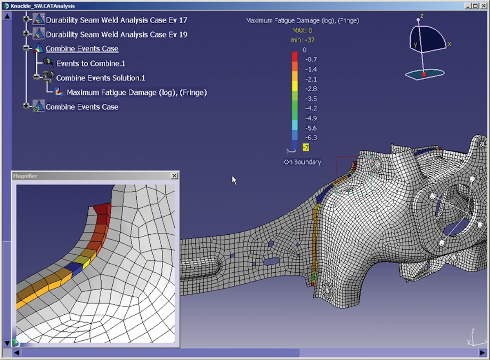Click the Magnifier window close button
click(174, 176)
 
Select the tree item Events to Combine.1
click(91, 63)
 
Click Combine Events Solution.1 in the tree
click(100, 78)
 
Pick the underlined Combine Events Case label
click(82, 49)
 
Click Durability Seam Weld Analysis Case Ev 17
click(116, 20)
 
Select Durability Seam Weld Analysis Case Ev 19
click(116, 35)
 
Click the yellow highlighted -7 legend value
click(305, 147)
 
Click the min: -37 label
click(303, 40)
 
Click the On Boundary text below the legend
click(303, 162)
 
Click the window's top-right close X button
click(482, 6)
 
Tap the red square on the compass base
click(424, 75)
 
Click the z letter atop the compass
click(421, 16)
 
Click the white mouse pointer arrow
click(234, 180)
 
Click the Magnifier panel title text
click(25, 176)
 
